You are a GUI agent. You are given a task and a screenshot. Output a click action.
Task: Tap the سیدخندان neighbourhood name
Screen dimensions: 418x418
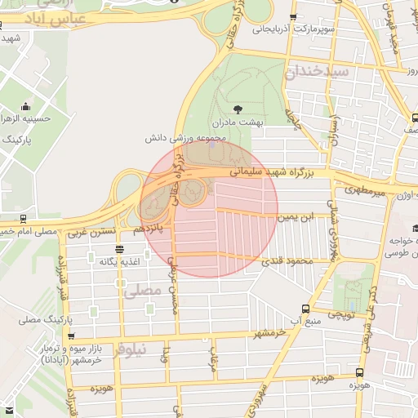tap(318, 72)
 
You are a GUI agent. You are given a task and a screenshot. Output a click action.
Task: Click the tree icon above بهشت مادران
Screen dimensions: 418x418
tap(238, 109)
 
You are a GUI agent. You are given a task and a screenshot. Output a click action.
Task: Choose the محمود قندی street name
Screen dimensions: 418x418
tap(283, 262)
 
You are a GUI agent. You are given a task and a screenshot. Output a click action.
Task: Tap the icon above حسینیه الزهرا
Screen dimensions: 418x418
tap(26, 106)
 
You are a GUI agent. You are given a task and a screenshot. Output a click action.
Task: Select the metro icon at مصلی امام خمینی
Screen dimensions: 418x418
tap(23, 219)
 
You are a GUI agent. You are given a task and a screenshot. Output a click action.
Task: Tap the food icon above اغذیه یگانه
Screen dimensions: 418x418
tap(120, 249)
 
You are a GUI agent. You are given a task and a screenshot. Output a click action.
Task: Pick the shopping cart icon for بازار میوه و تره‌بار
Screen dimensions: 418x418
tap(72, 336)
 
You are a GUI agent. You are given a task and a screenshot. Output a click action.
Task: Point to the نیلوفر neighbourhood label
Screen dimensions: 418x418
tap(130, 349)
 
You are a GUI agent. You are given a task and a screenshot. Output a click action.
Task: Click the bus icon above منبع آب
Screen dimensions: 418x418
tap(305, 309)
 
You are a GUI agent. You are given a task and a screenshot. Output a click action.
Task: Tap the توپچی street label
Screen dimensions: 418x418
tap(340, 313)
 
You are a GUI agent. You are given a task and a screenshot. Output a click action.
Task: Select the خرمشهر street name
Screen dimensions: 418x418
tap(273, 332)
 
